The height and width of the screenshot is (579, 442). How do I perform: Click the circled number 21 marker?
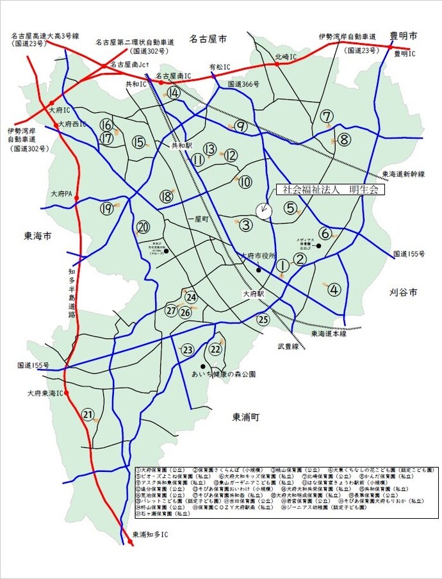[x=88, y=414]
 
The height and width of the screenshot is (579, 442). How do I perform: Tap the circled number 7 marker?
[x=327, y=117]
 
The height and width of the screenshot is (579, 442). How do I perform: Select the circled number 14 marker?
[x=174, y=93]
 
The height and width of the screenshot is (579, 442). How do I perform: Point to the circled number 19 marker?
[x=106, y=208]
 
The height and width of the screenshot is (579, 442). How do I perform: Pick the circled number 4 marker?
[x=334, y=289]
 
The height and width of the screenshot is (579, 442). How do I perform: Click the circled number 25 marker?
[x=263, y=320]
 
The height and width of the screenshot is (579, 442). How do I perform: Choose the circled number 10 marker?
[x=245, y=183]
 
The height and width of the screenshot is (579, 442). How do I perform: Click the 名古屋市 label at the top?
[x=208, y=39]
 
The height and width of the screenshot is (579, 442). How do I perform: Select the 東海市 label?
[x=38, y=236]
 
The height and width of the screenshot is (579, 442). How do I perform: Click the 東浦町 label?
[x=245, y=417]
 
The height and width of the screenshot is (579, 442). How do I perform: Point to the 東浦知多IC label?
[x=150, y=534]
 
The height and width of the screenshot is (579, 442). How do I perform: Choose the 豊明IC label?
[x=405, y=54]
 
